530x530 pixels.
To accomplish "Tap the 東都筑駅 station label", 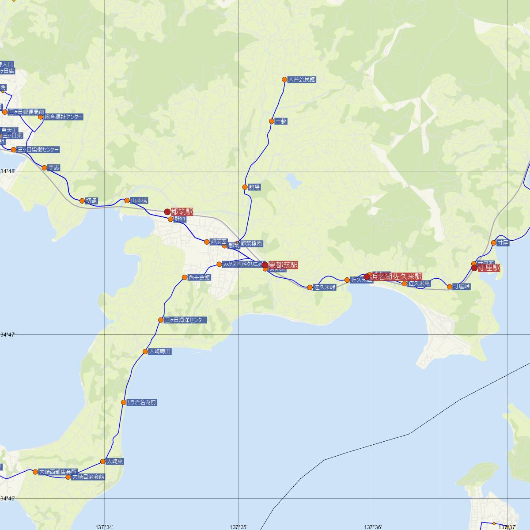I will [x=283, y=265].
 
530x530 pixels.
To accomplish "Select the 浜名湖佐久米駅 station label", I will [x=396, y=276].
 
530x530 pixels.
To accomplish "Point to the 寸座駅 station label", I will [x=488, y=268].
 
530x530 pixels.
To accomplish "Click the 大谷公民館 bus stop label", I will [x=302, y=80].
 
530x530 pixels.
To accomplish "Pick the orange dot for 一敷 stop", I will [x=272, y=121].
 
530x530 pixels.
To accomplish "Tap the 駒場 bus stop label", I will [x=254, y=187].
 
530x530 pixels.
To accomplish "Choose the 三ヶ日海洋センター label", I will [x=185, y=320].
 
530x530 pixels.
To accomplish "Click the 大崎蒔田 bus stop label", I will [x=159, y=352].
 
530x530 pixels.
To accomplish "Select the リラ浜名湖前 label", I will [x=141, y=402].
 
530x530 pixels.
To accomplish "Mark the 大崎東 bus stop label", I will [x=115, y=461].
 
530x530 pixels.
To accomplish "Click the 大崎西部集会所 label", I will [x=58, y=472].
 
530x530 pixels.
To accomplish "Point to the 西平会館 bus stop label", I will [x=199, y=277].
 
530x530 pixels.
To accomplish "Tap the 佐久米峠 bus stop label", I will [x=325, y=288].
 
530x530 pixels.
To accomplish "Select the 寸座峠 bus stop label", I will [x=461, y=287].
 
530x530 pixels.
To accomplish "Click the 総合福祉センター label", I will [x=63, y=117].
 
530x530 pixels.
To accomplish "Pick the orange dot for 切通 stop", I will [x=82, y=201].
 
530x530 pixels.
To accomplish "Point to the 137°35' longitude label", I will [x=238, y=526].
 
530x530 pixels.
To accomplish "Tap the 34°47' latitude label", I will [x=8, y=335].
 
